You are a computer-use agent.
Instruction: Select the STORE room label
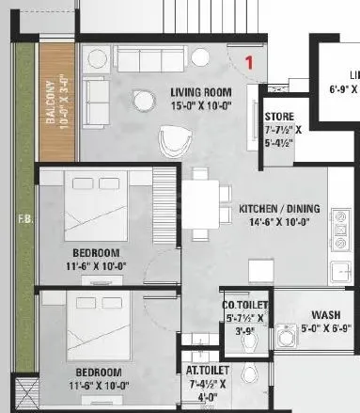pos(278,116)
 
